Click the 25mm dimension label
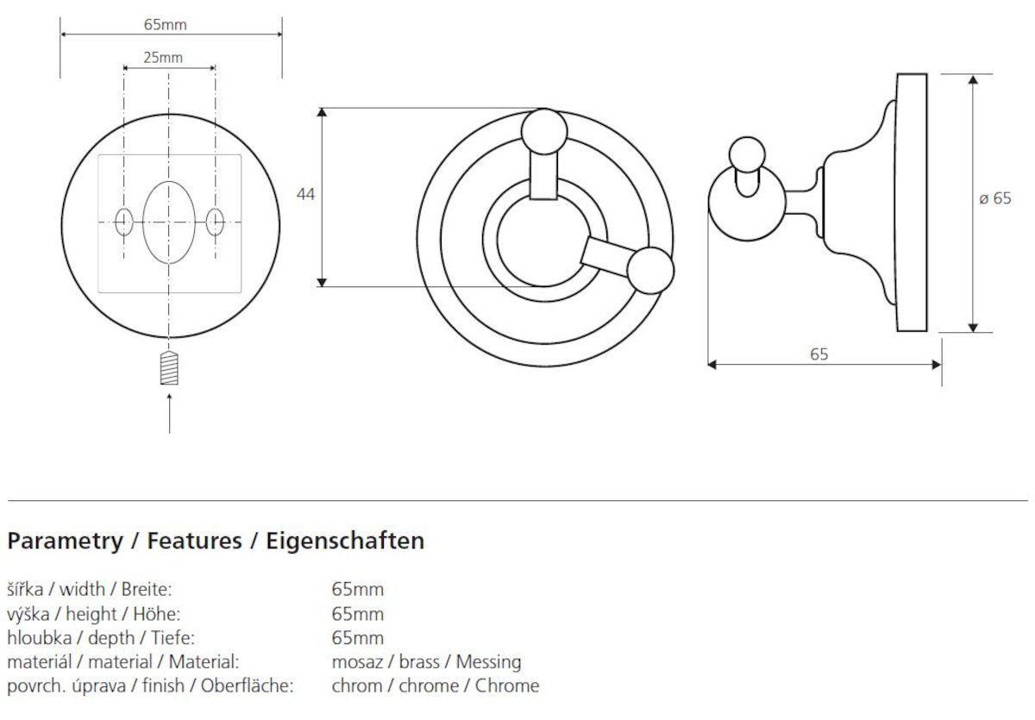(x=163, y=58)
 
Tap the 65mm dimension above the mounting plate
(x=165, y=24)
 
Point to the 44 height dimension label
(x=305, y=194)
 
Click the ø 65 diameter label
(x=994, y=198)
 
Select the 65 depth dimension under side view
(x=819, y=354)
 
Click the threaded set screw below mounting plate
(x=169, y=368)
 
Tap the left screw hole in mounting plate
(x=124, y=222)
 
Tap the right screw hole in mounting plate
(x=215, y=222)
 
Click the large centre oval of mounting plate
(x=169, y=222)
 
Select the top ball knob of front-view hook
(x=544, y=132)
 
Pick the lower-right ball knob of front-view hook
(x=650, y=271)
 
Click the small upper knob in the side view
(x=747, y=155)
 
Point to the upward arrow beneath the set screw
(x=170, y=413)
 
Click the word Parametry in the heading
(x=66, y=542)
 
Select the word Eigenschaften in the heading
(x=345, y=541)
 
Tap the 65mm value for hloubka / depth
(x=358, y=638)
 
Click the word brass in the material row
(x=419, y=662)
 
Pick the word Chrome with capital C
(x=507, y=686)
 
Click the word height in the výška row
(x=91, y=615)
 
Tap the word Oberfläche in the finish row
(x=248, y=686)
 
